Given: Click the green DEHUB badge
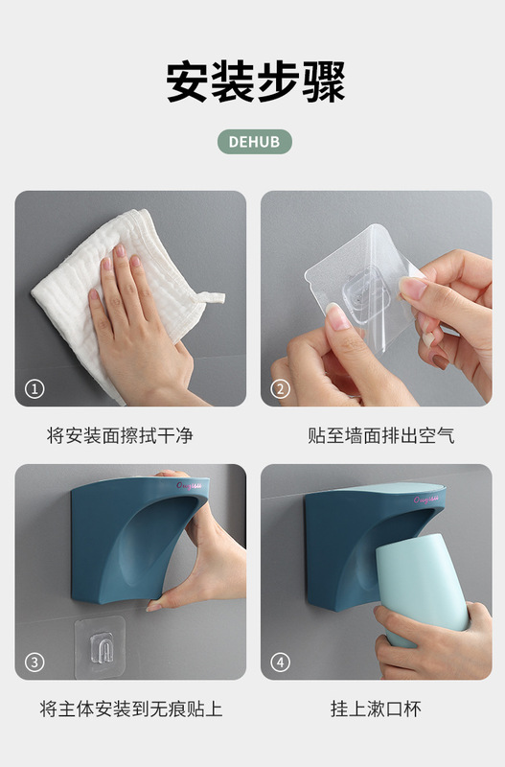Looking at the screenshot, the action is (254, 142).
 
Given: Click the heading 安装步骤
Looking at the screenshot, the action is (256, 81).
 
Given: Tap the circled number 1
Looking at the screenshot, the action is (34, 389).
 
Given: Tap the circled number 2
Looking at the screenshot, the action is (280, 389).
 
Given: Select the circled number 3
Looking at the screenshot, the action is (34, 662).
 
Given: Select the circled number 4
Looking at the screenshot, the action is (280, 662).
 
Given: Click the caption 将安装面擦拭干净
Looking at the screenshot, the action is (120, 435).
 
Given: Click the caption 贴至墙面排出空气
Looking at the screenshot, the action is (380, 435).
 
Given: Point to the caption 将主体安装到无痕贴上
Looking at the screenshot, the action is (131, 709).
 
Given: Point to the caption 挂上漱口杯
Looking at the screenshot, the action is (376, 709).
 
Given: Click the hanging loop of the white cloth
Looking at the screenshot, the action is (210, 297).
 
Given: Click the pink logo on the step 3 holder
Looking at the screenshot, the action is (189, 486).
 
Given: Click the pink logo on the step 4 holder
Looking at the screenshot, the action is (425, 500).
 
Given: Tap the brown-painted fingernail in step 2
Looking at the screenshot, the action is (440, 361).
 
